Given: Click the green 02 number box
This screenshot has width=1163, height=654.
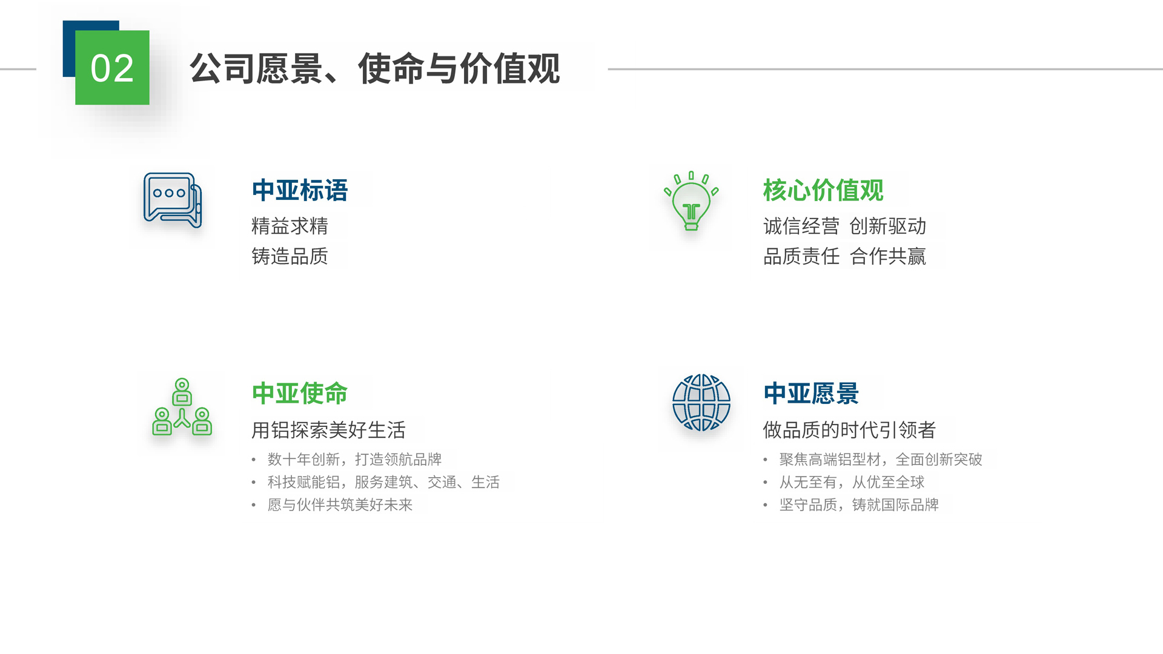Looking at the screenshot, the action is [112, 67].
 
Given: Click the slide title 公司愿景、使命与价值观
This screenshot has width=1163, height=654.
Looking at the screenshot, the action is [375, 68].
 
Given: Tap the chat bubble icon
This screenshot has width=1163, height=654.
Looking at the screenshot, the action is [173, 200].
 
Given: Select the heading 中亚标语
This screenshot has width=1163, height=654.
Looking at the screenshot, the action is [300, 190].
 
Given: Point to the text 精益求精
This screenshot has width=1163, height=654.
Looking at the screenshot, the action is [290, 226].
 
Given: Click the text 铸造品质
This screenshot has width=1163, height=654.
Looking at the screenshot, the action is [290, 256].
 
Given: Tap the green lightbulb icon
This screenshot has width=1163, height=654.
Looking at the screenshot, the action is [691, 201].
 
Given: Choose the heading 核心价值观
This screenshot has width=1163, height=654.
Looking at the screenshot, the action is [823, 190].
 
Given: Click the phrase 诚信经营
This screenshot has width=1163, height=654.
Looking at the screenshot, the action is [801, 226].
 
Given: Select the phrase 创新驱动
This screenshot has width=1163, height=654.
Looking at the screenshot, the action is [888, 226].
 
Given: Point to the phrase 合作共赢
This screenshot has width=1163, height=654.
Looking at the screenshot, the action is [888, 256].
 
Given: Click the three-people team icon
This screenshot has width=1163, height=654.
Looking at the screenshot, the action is [182, 407].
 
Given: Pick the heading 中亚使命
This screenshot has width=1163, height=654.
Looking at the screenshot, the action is [300, 393].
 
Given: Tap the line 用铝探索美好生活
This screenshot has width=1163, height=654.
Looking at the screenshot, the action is [328, 430].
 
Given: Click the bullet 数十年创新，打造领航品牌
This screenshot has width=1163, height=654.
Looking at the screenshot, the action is [354, 460].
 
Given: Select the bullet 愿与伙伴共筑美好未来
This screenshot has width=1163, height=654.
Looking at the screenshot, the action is [340, 505].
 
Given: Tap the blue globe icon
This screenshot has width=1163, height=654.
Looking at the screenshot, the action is [701, 403].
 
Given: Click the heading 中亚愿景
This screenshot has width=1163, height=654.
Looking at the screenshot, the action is [811, 393].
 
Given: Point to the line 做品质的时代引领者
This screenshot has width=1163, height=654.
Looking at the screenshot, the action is [849, 430].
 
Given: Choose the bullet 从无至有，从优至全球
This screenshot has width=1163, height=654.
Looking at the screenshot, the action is [852, 483].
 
